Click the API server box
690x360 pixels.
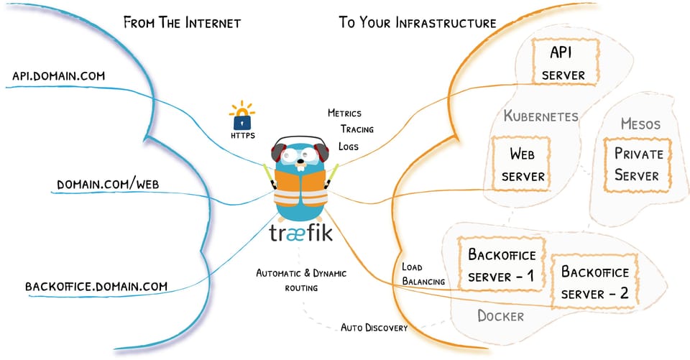coord(563,63)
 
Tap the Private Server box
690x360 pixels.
coord(635,164)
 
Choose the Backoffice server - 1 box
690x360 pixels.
coord(502,264)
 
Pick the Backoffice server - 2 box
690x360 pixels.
coord(594,282)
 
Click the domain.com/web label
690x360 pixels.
coord(109,185)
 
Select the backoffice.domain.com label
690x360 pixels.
coord(96,286)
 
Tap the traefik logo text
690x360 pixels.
coord(301,232)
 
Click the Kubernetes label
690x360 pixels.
coord(541,116)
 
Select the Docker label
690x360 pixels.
coord(500,315)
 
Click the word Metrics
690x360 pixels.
coord(344,114)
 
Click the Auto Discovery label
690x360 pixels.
coord(374,328)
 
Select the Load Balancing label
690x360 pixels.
coord(422,274)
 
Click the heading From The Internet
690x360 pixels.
coord(182,22)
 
